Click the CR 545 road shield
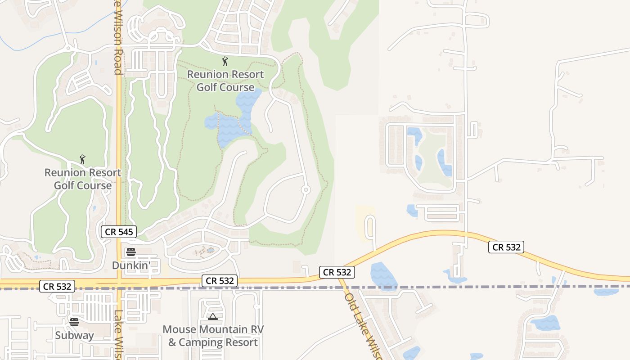point(118,232)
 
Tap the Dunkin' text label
point(131,265)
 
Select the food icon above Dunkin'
point(131,252)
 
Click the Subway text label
point(74,335)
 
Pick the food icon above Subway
point(74,322)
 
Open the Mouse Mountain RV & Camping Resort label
point(213,336)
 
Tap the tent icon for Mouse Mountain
point(213,317)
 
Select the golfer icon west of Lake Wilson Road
point(82,159)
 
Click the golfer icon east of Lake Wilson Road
point(225,61)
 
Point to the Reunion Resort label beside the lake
point(225,81)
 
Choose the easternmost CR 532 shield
point(506,247)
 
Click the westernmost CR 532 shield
point(57,286)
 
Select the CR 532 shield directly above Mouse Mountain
point(220,281)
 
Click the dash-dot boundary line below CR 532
point(450,287)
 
